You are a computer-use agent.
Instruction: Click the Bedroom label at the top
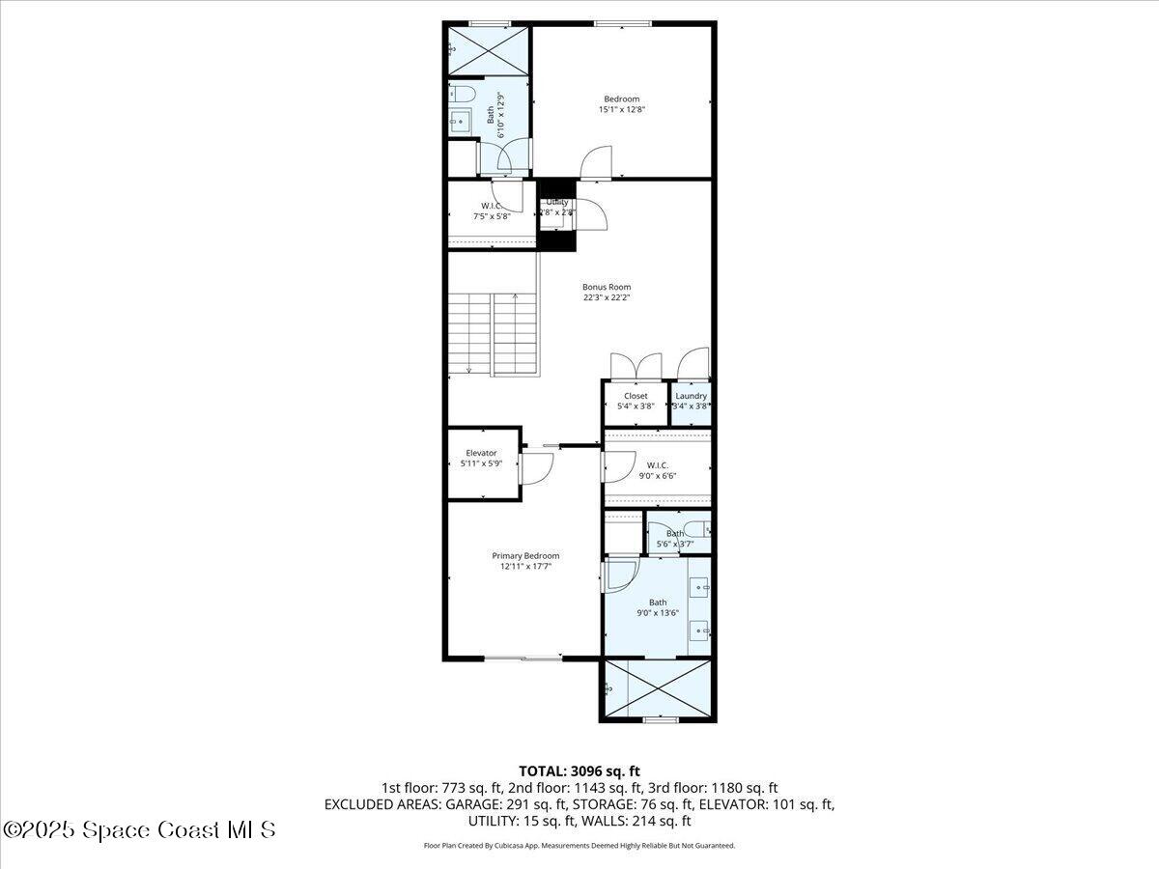point(621,104)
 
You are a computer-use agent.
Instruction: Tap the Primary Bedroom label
point(525,561)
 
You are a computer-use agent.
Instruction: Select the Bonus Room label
point(607,292)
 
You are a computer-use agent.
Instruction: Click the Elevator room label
point(481,458)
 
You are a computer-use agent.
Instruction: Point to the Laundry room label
point(692,401)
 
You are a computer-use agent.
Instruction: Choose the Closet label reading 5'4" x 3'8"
point(636,401)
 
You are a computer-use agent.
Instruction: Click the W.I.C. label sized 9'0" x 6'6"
point(658,470)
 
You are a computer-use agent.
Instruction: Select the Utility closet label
point(557,207)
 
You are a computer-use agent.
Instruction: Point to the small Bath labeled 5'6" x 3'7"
point(675,538)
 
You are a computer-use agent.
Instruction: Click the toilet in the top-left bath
point(462,94)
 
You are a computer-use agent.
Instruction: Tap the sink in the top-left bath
point(460,121)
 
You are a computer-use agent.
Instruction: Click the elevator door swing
point(535,468)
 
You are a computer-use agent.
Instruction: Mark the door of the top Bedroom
point(597,162)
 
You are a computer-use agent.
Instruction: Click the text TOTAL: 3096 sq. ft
point(579,771)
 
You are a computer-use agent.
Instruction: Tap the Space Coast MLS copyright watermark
point(140,829)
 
